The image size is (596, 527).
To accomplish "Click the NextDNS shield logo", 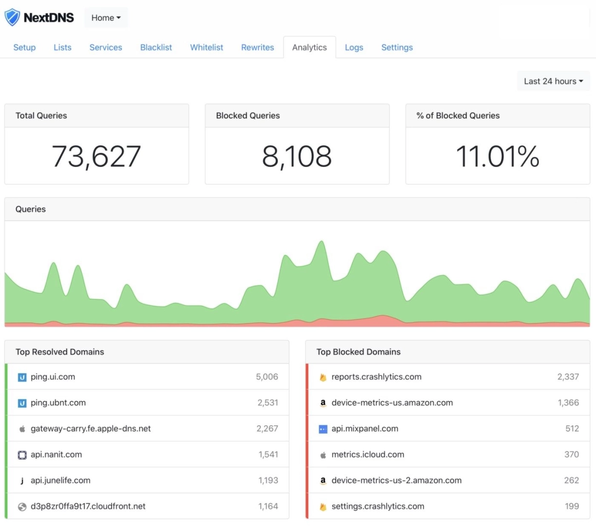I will coord(12,18).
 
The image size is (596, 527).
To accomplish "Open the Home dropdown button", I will coord(106,18).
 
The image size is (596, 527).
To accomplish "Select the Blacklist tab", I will coord(156,47).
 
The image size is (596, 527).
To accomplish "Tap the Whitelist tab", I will coord(206,47).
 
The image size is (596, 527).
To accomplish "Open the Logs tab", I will coord(354,47).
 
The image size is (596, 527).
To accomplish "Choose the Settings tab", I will coord(397,47).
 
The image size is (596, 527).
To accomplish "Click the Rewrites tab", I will coord(258,47).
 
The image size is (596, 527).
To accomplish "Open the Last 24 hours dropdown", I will coord(553,81).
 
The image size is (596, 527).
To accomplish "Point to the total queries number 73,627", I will coord(96,156).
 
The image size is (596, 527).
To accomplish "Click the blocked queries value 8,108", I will coord(297,156).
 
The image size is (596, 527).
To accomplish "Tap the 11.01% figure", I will coord(498,156).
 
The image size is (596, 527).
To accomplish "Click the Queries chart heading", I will coord(31,209).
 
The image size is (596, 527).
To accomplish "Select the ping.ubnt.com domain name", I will coord(58,403).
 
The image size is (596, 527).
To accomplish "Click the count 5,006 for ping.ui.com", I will coord(267,377).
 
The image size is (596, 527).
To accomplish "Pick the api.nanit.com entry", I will coord(56,454).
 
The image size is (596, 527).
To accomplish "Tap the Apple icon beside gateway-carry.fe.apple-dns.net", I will coord(22,429).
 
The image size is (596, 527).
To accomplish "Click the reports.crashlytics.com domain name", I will coord(376,377).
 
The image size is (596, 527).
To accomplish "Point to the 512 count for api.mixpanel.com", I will coord(572,429).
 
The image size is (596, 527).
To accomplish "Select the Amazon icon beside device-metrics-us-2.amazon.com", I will coord(323,481).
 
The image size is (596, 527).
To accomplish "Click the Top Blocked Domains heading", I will coord(358,352).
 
